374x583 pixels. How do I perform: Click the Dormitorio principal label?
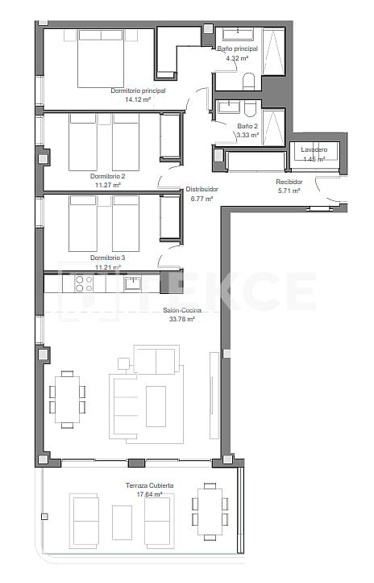click(x=138, y=90)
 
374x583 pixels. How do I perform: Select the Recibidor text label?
click(x=289, y=182)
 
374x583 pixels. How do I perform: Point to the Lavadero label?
click(x=314, y=150)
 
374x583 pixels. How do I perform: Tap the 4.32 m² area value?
click(x=236, y=58)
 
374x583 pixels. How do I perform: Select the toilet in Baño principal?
click(x=248, y=81)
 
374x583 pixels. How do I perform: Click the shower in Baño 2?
click(x=273, y=127)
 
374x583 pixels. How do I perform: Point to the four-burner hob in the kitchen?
click(x=83, y=283)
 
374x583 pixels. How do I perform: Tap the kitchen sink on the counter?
click(x=133, y=283)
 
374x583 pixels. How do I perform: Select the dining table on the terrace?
click(x=210, y=510)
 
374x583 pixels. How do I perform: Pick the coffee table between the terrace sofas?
click(x=122, y=522)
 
